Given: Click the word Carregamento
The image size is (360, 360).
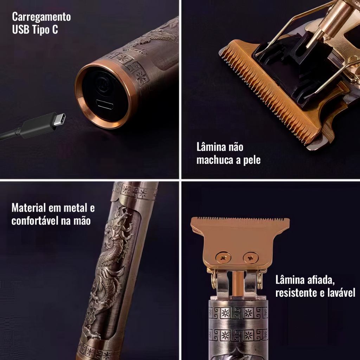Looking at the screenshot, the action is coord(41,17).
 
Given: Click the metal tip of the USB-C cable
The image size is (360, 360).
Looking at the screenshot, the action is coord(60,120).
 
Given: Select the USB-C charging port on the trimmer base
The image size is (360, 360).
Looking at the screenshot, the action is coord(104,104).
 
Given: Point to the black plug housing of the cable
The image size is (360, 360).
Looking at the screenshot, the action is coord(39,126).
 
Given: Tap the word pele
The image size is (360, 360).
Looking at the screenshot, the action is coord(252,160).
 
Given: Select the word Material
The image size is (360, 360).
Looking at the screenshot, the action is coord(29,208).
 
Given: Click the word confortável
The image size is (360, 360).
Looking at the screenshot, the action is coord(35,221).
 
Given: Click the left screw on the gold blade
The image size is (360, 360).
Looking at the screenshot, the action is coord(223,258).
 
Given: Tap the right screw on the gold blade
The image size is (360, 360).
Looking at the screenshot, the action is coord(251,258).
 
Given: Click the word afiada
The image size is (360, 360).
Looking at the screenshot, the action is coord(321,280).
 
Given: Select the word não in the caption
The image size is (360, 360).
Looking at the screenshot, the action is coord(236,147).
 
